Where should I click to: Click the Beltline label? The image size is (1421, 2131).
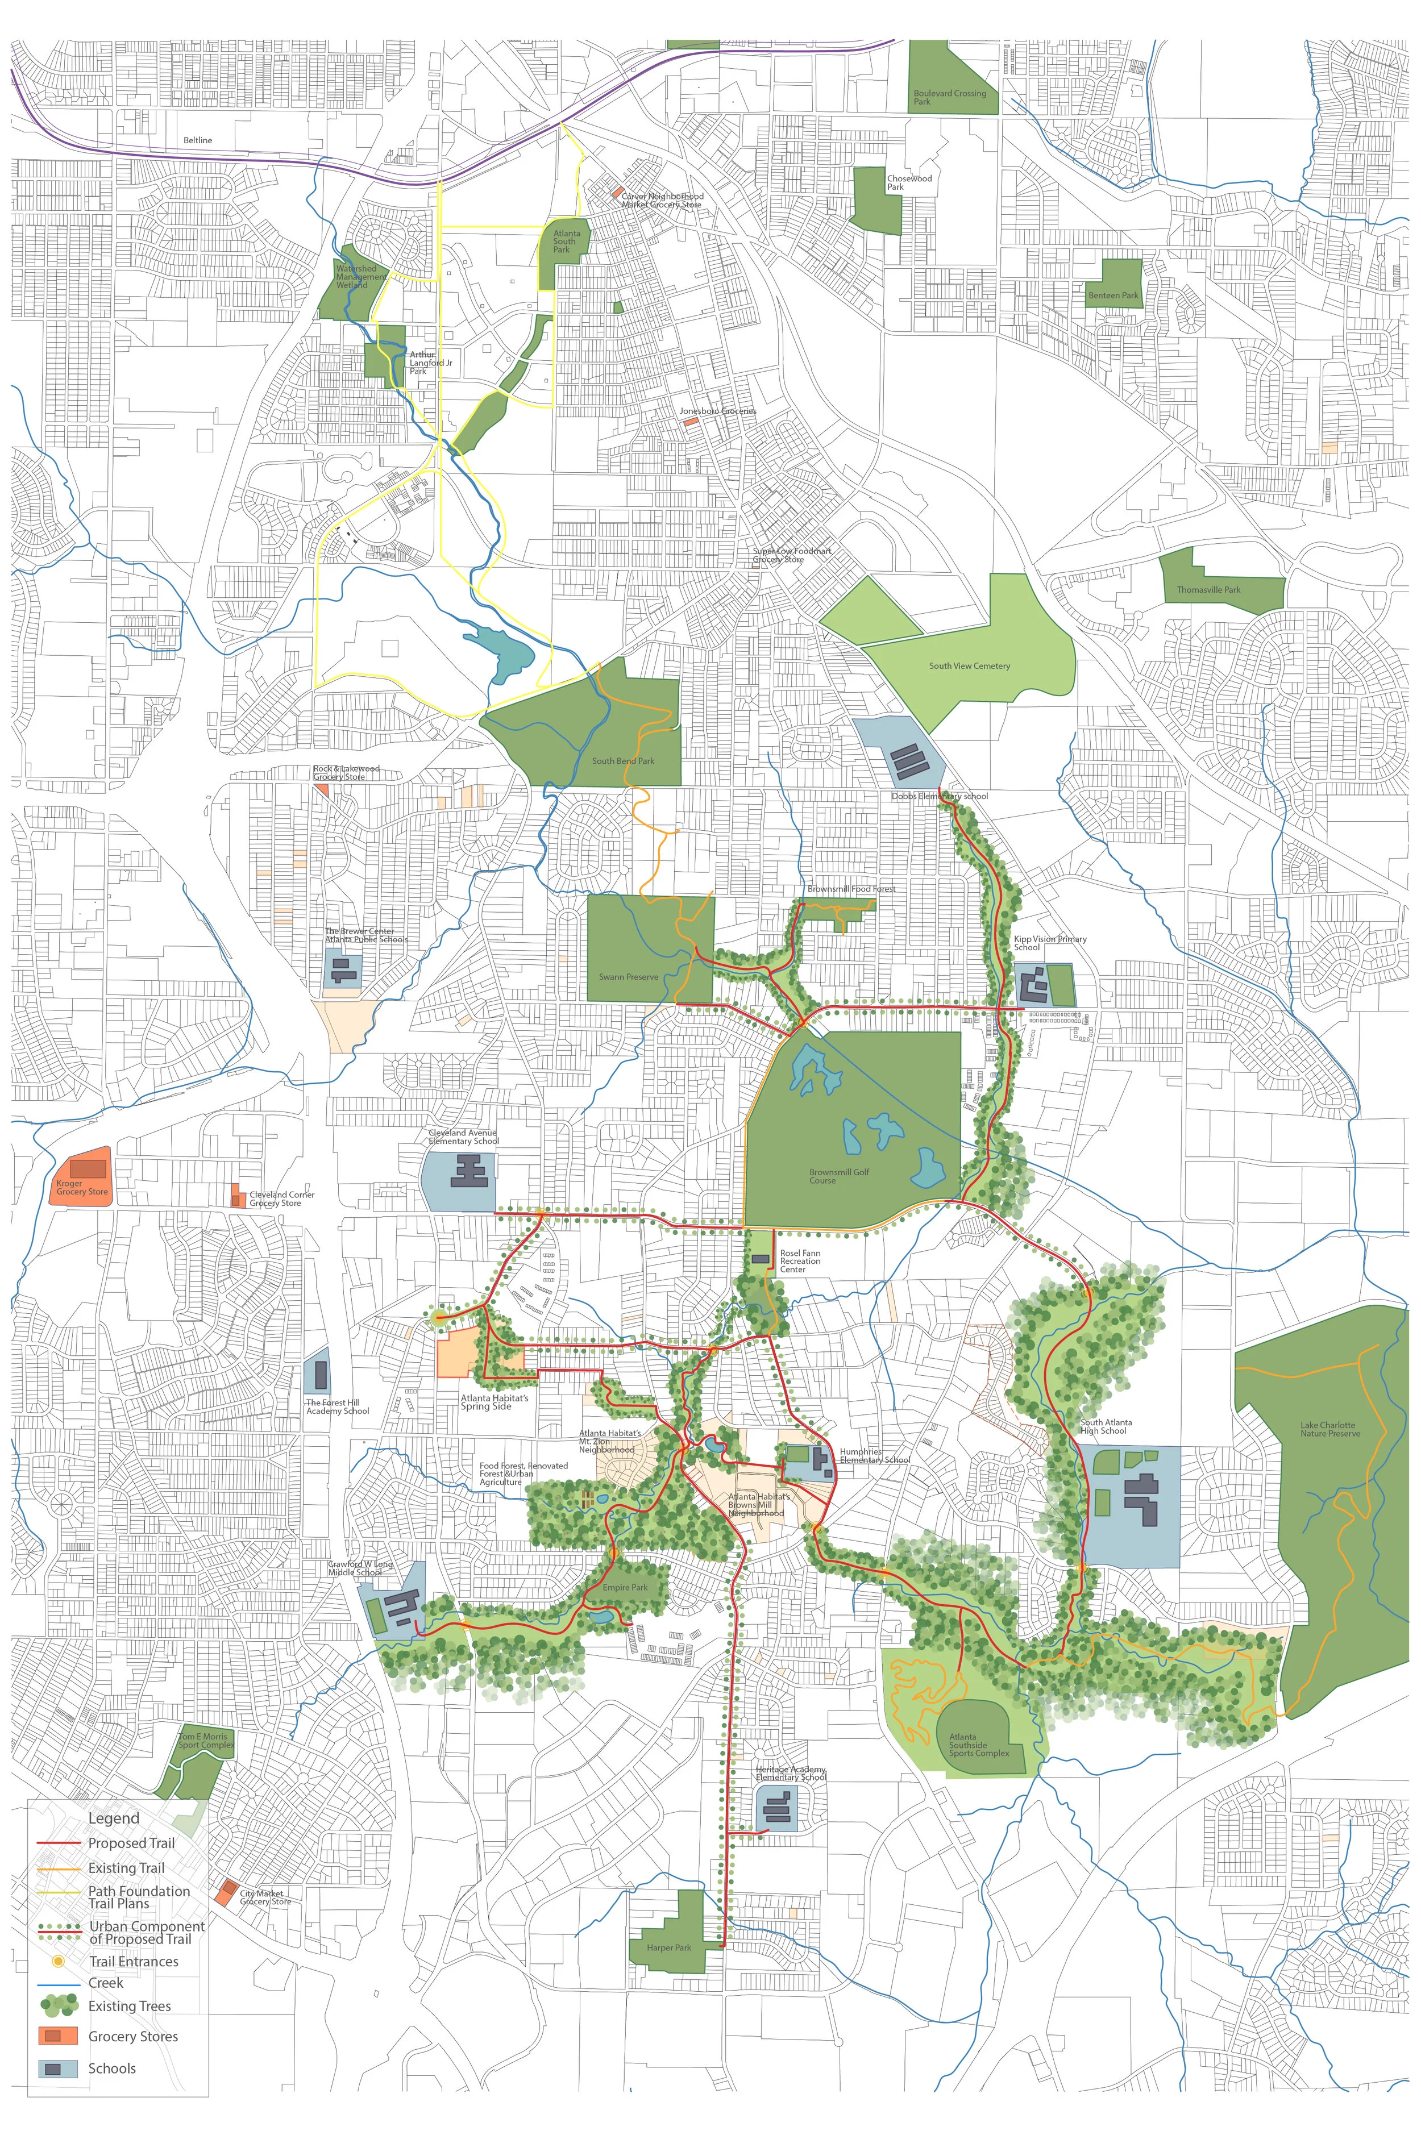[198, 140]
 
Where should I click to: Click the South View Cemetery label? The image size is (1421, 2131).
[969, 666]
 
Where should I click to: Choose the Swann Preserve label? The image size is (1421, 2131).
[628, 977]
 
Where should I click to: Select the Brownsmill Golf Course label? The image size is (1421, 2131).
[838, 1176]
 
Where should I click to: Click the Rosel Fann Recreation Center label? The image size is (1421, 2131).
[800, 1261]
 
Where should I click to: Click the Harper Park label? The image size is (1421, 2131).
[669, 1948]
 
